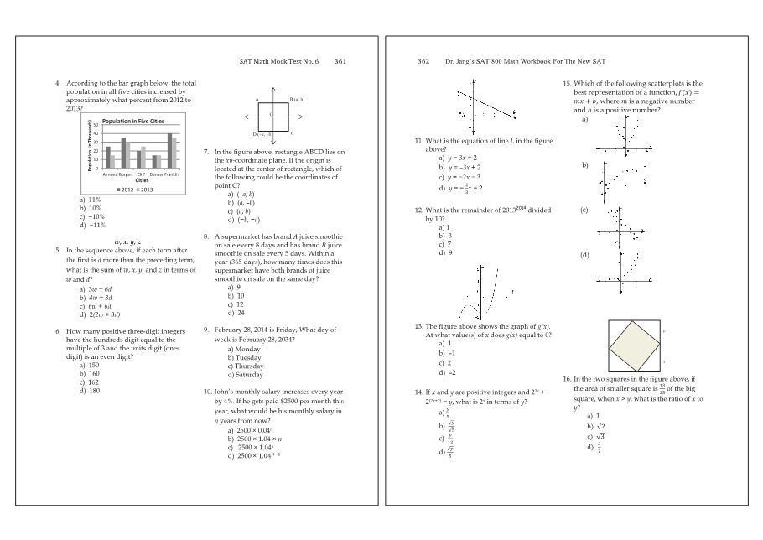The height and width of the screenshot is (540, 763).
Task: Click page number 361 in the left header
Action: coord(340,61)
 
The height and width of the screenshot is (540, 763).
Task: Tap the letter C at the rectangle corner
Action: coord(292,133)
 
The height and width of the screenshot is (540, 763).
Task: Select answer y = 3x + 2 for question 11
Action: coord(459,157)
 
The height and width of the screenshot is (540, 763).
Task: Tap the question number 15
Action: coord(567,83)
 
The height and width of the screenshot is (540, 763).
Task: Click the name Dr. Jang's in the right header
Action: coord(460,61)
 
